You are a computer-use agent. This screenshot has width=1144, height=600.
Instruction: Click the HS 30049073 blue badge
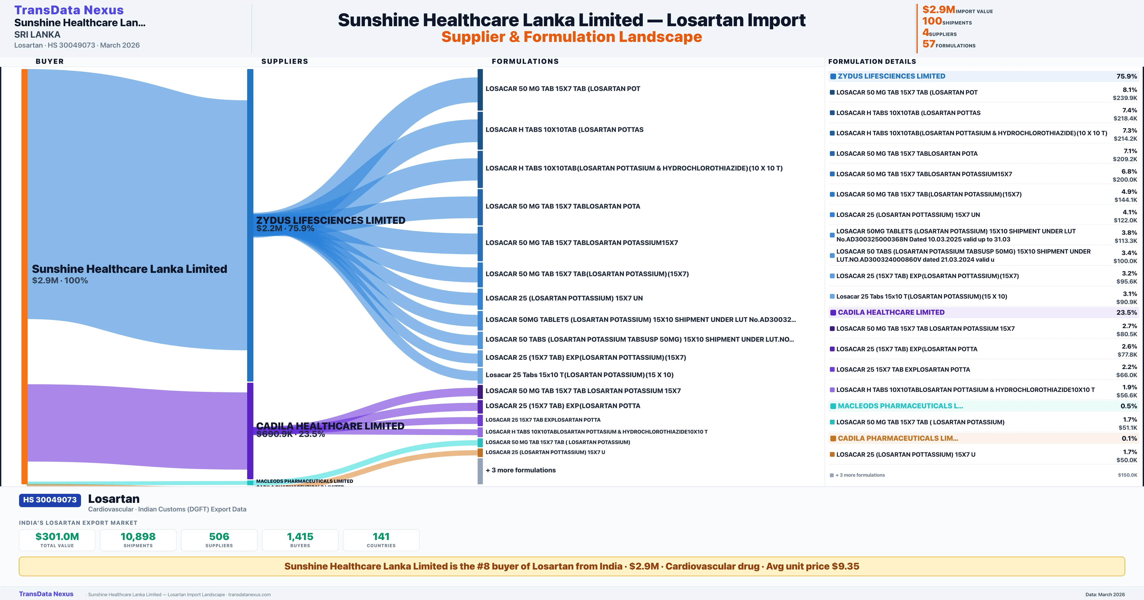pos(50,500)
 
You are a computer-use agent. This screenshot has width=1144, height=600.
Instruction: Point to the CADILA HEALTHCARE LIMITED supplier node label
pos(330,426)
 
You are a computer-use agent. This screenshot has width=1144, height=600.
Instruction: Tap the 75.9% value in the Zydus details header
pos(1126,76)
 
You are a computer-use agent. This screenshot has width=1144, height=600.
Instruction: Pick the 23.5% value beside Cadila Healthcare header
pos(1126,312)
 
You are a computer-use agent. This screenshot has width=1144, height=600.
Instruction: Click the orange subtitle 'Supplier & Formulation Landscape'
pos(572,37)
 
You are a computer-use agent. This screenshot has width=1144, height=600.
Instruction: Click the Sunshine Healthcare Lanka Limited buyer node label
pos(129,269)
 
